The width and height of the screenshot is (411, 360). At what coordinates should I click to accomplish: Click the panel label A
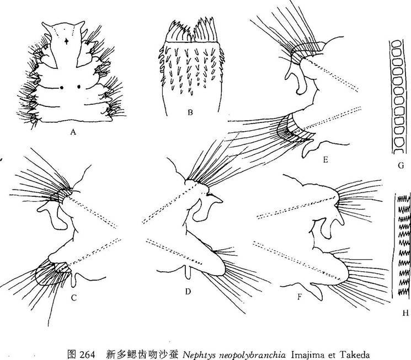(73, 132)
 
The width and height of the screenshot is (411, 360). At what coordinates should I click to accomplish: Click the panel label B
(190, 112)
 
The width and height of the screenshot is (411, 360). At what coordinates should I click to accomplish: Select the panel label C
(74, 298)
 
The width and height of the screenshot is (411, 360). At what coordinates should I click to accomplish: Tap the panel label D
(188, 291)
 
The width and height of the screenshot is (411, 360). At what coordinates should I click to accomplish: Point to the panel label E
(325, 159)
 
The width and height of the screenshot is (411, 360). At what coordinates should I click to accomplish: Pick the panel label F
(300, 297)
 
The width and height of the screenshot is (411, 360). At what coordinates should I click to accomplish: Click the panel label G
(401, 165)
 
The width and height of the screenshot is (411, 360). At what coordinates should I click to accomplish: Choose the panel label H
(405, 313)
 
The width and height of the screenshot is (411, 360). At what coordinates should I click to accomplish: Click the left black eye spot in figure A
(62, 88)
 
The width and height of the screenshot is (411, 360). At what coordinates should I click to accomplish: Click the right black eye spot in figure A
(79, 87)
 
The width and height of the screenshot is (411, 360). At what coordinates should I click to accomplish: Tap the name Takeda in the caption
(355, 354)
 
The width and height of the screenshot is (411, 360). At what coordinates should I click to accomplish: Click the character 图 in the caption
(71, 354)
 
